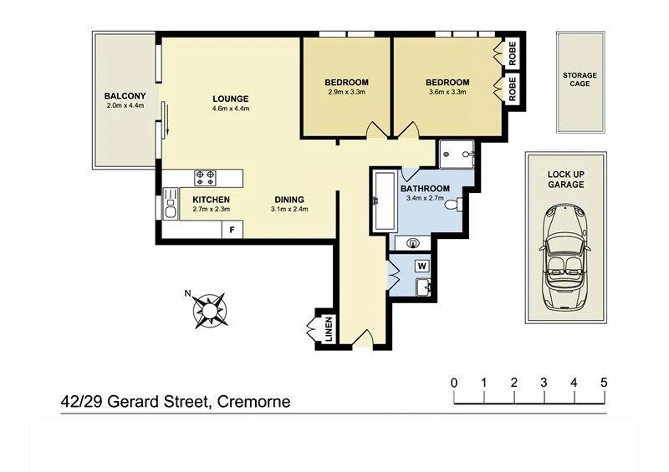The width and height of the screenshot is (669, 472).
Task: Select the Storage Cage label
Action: pyautogui.click(x=580, y=80)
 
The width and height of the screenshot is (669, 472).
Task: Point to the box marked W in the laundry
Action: pyautogui.click(x=421, y=266)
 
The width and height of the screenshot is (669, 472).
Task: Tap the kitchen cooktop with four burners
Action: pyautogui.click(x=206, y=177)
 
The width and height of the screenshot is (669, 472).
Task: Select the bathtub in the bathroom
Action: pyautogui.click(x=385, y=203)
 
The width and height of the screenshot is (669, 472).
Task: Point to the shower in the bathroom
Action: pyautogui.click(x=457, y=153)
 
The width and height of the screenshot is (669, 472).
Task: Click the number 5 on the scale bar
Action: pyautogui.click(x=603, y=383)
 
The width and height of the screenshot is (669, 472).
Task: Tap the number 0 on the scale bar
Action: pyautogui.click(x=454, y=383)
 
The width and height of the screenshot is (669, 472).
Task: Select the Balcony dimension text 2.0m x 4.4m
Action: pyautogui.click(x=125, y=106)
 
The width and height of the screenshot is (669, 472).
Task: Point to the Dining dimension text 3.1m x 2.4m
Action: pyautogui.click(x=289, y=210)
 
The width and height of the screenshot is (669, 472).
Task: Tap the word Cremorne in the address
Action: pyautogui.click(x=253, y=402)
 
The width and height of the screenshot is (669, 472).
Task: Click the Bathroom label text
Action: pyautogui.click(x=425, y=189)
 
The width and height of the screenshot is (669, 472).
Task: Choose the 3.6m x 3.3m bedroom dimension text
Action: pyautogui.click(x=447, y=93)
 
